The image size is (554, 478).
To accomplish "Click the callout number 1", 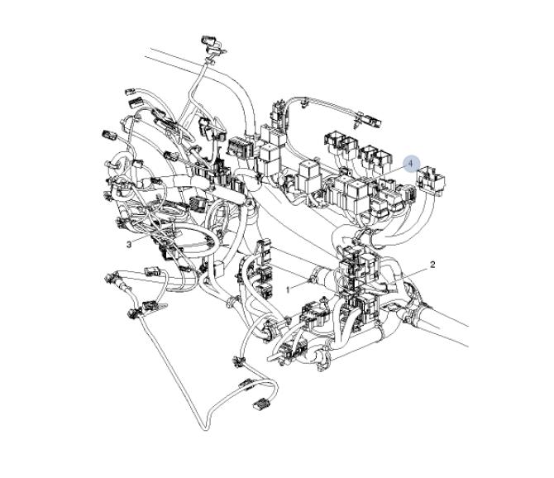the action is pyautogui.click(x=288, y=289).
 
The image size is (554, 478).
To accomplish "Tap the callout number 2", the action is pyautogui.click(x=432, y=265).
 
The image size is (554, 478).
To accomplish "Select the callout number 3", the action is pyautogui.click(x=129, y=244).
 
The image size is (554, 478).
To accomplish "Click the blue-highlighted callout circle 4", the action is pyautogui.click(x=411, y=164).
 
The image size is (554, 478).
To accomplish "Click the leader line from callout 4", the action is pyautogui.click(x=389, y=172).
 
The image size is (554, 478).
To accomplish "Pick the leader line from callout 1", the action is pyautogui.click(x=301, y=284).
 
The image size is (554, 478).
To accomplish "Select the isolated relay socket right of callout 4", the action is pyautogui.click(x=431, y=180).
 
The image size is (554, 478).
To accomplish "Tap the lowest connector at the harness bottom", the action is pyautogui.click(x=260, y=404).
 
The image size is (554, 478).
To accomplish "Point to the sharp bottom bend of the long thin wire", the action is pyautogui.click(x=205, y=429).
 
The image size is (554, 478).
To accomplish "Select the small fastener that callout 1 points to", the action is pyautogui.click(x=312, y=280).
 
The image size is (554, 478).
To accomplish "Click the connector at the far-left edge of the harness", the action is pyautogui.click(x=109, y=135).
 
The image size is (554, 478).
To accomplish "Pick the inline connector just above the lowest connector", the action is pyautogui.click(x=247, y=385).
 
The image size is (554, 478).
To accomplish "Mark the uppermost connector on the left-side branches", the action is pyautogui.click(x=131, y=92).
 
